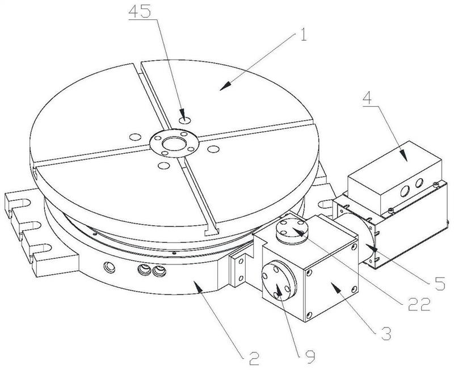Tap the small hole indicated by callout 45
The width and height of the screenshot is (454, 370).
pos(184,120)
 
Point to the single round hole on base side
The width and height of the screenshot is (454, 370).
pos(107,266)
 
